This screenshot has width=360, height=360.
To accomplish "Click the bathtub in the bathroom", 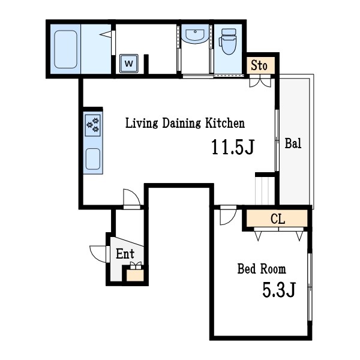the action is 65,49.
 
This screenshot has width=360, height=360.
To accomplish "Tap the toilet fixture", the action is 228,41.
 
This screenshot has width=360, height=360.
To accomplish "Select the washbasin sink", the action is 195,34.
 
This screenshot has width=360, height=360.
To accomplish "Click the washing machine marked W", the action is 129,64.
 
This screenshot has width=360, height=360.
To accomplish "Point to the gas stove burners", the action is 93,125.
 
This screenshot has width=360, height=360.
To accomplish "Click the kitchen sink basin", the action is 93,159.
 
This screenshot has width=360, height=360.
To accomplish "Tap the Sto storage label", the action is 259,65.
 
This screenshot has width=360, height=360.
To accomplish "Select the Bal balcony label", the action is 293,143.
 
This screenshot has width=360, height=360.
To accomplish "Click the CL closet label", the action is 278,219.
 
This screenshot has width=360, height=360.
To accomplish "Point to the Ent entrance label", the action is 125,254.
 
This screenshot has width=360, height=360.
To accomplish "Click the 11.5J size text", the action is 233,147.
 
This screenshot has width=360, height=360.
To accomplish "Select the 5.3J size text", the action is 279,290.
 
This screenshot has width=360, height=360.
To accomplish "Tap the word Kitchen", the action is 225,123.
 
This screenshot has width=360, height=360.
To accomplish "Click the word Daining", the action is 182,123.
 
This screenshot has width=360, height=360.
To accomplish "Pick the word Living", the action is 142,123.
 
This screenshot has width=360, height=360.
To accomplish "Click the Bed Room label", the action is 262,269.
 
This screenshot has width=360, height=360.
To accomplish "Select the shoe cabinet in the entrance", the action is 135,275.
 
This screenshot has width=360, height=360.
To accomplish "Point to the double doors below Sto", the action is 260,83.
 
